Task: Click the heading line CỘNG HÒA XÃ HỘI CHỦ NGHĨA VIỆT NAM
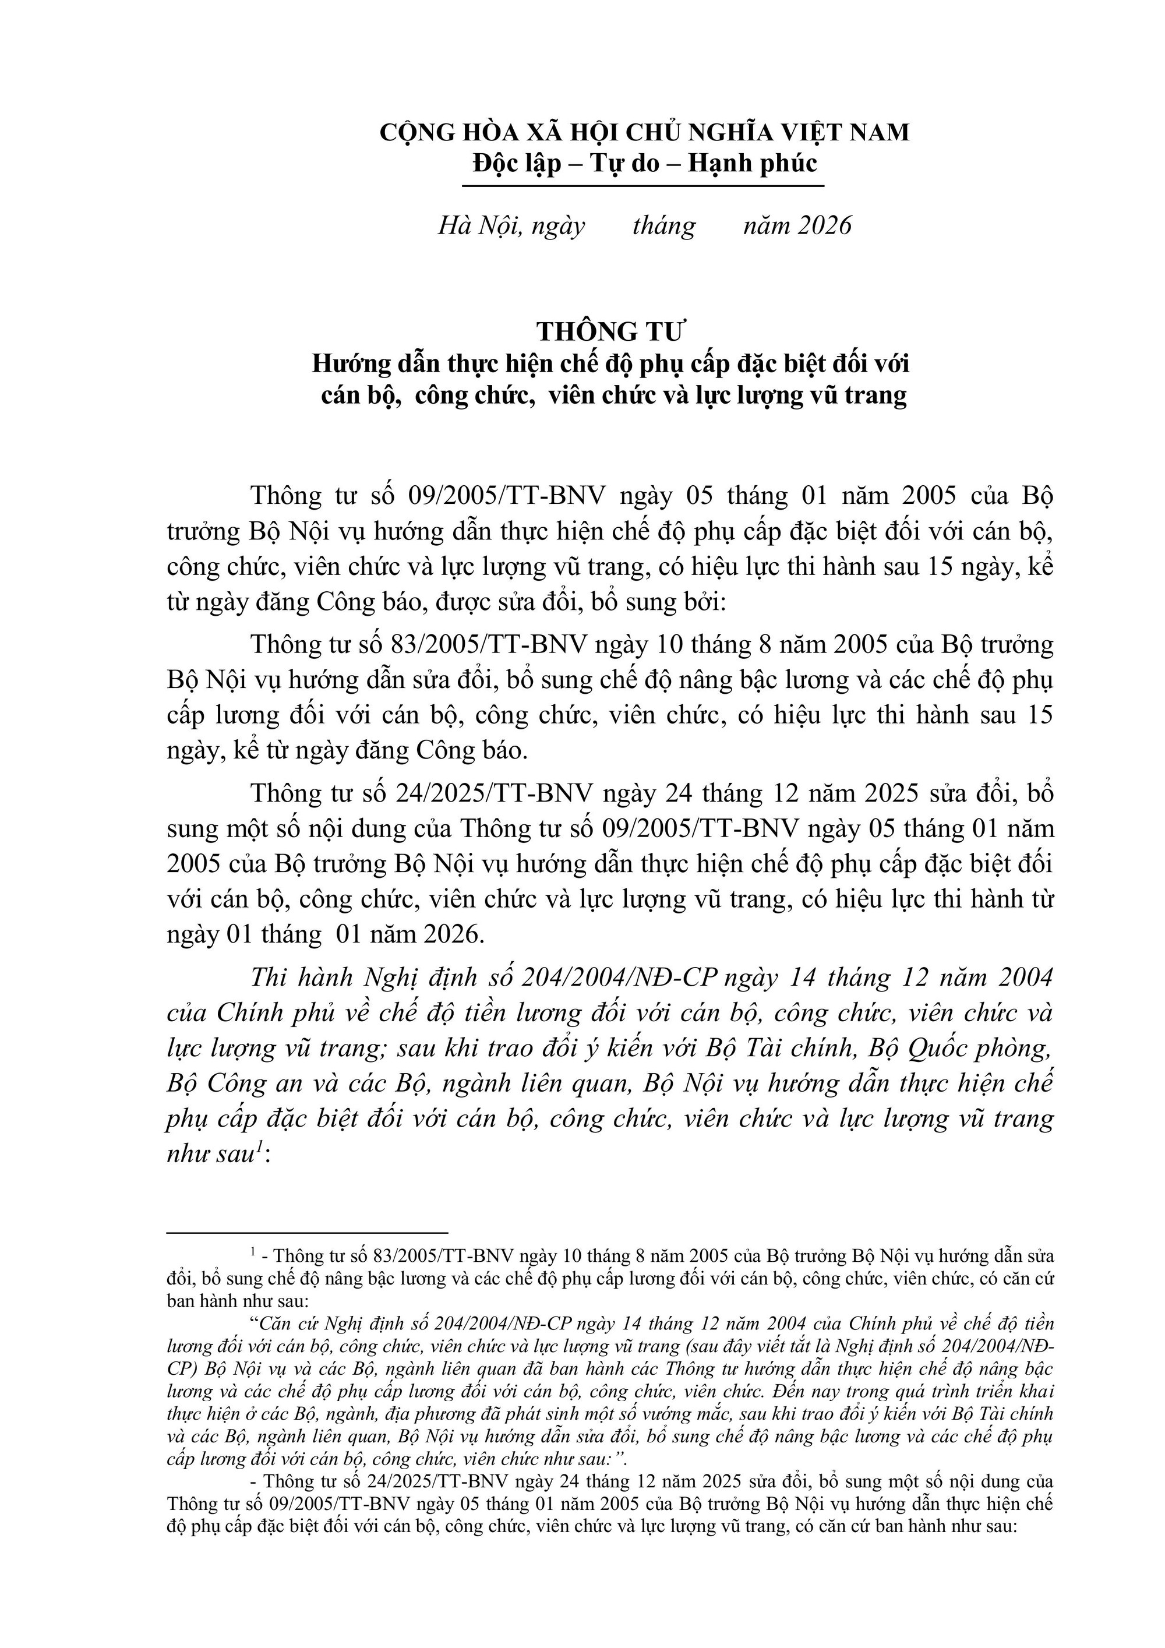pos(644,132)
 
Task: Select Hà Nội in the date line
pos(474,225)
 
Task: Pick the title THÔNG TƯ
pos(612,331)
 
